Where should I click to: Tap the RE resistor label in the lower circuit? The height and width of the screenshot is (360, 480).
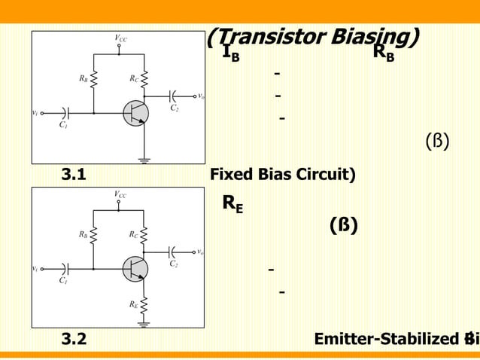133,304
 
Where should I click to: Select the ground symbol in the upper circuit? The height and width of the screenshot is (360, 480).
143,159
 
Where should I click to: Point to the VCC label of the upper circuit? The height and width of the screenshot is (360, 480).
120,38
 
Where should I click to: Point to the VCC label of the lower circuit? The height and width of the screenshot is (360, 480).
120,194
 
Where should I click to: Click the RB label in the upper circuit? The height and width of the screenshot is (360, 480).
82,78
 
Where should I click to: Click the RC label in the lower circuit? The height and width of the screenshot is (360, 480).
133,234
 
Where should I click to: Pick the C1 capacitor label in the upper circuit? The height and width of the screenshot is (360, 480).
63,125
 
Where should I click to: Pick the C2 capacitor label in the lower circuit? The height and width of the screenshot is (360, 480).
175,264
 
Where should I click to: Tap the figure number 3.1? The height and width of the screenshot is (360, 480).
73,175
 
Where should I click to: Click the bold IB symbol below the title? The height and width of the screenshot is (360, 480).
231,54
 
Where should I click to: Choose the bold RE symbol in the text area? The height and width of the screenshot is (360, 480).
232,203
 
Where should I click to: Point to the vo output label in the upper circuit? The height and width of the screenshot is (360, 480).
201,96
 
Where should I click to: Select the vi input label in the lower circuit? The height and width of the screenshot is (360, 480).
35,269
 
